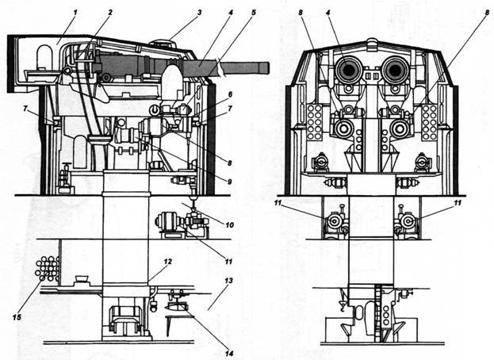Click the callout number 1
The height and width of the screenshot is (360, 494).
click(75, 13)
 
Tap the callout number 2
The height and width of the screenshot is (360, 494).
click(110, 13)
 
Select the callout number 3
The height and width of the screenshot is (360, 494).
click(200, 13)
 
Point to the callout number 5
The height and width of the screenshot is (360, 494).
click(254, 13)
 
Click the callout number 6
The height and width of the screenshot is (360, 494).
click(230, 94)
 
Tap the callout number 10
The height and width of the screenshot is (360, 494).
click(229, 225)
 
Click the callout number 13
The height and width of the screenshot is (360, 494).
click(229, 280)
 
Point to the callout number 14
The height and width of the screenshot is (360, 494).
click(229, 354)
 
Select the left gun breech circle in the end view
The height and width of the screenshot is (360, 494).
click(347, 70)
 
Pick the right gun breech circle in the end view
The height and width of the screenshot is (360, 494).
click(395, 70)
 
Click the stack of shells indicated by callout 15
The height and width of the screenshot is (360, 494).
click(48, 268)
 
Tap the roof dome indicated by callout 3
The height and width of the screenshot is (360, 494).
click(162, 43)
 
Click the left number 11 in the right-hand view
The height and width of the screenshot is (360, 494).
click(278, 203)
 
